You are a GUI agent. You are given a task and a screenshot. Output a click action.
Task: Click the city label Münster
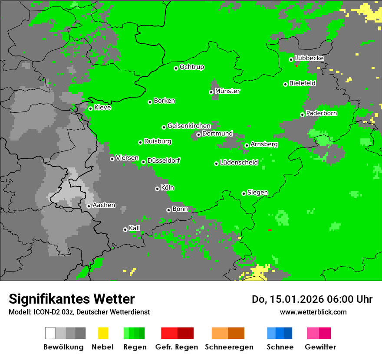point(227,91)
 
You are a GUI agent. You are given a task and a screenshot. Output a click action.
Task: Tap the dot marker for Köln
point(157,189)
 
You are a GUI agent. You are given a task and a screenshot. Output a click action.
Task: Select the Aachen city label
point(104,205)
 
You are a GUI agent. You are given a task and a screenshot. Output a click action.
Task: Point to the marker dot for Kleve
point(90,108)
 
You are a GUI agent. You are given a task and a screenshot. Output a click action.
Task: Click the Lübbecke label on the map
point(309,58)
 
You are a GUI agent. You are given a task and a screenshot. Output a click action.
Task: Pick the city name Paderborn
point(321,113)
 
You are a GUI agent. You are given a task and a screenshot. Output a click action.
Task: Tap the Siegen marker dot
point(244,193)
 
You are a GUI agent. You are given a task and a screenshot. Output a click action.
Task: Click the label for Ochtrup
point(191,67)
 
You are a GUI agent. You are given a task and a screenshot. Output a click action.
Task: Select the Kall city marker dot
point(125,229)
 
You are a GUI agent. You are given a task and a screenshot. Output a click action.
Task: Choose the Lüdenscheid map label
point(239,163)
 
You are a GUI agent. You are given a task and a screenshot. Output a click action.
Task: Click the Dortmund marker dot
point(198,134)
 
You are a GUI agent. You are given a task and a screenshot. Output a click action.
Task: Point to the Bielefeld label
point(302,83)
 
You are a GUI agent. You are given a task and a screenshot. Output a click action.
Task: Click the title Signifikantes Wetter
point(72,299)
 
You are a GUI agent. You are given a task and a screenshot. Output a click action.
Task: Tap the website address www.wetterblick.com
point(313,312)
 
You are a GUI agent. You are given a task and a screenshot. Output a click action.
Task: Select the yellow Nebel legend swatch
point(103,333)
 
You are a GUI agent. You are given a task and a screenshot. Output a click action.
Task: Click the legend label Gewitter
point(320,347)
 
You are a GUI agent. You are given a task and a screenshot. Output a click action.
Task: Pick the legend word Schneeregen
point(229,347)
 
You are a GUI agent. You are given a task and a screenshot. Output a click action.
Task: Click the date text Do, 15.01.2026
point(290,299)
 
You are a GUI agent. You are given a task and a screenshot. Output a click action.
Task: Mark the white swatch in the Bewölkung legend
point(50,333)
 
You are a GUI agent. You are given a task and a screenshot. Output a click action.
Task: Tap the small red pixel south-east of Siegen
point(270,230)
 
